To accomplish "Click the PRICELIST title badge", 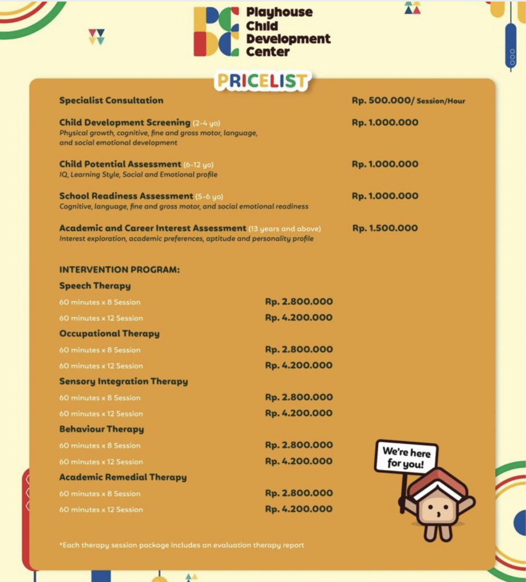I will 263,81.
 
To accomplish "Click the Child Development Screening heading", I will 125,122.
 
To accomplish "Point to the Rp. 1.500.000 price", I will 385,228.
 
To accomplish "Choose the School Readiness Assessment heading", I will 126,196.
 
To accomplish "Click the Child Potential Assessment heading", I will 120,164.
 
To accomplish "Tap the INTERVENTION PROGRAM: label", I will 119,269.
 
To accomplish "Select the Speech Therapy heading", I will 95,286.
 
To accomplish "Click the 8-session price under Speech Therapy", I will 299,302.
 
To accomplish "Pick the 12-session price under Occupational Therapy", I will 299,365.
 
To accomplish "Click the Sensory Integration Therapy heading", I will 123,381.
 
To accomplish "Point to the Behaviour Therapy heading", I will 101,429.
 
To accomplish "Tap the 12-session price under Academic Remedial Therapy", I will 299,509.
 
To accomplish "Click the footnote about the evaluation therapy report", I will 181,545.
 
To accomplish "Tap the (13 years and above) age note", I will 285,228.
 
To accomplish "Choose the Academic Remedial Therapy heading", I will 123,477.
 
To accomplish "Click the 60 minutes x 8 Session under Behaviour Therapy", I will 100,446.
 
